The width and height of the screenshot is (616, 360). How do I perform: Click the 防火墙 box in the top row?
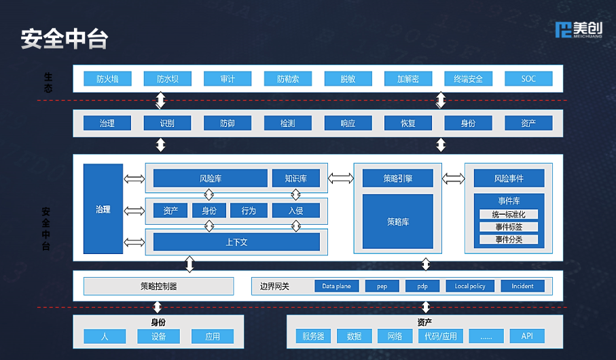[107, 79]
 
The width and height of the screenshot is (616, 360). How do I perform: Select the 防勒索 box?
[287, 79]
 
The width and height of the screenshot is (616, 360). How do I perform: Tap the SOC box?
[528, 79]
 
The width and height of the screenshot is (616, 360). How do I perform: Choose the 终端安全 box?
[468, 79]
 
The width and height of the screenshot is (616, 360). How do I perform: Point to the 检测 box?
[287, 123]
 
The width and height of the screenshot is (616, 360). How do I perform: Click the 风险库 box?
[210, 179]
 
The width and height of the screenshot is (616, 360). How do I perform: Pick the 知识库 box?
[295, 179]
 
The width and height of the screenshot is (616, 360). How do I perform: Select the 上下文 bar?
[236, 242]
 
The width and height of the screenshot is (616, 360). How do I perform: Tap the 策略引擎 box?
[397, 179]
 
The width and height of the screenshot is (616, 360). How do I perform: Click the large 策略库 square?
[397, 221]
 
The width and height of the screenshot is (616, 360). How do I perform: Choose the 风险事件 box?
[509, 179]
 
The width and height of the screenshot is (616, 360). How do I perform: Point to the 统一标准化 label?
[509, 215]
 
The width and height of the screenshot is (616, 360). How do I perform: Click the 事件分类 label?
[509, 239]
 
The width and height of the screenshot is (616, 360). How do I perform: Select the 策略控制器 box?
[158, 286]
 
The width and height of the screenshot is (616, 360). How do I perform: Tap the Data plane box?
[336, 286]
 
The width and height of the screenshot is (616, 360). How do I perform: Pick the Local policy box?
[470, 286]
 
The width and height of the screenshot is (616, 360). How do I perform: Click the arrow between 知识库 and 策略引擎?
[341, 179]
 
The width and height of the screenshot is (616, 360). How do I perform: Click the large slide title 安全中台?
[65, 39]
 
